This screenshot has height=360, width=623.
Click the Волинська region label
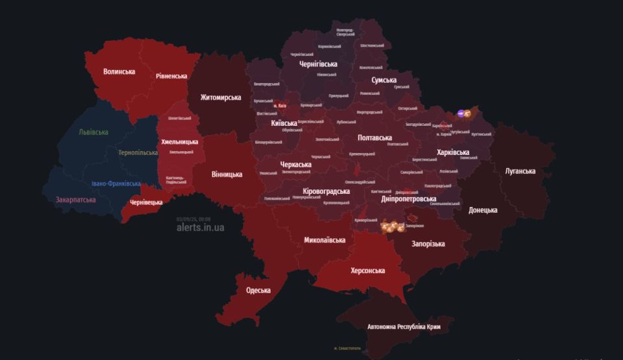[x=119, y=72]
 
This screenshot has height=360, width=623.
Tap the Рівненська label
[x=171, y=76]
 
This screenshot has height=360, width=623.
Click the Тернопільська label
[x=138, y=153]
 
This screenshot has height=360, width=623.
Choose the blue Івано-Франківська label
[x=116, y=184]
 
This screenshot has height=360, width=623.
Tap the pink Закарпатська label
[x=76, y=200]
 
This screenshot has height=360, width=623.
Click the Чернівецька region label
[x=146, y=202]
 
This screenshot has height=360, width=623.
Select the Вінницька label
[x=227, y=174]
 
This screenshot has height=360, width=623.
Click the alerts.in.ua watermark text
[x=201, y=228]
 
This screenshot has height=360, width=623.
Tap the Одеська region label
[x=258, y=290]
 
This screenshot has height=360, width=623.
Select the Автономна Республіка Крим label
[x=404, y=327]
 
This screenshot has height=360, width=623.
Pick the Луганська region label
[x=520, y=171]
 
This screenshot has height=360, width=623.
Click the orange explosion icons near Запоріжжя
[x=392, y=226]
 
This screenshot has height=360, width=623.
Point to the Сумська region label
[x=384, y=80]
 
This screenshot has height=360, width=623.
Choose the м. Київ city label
[x=280, y=105]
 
